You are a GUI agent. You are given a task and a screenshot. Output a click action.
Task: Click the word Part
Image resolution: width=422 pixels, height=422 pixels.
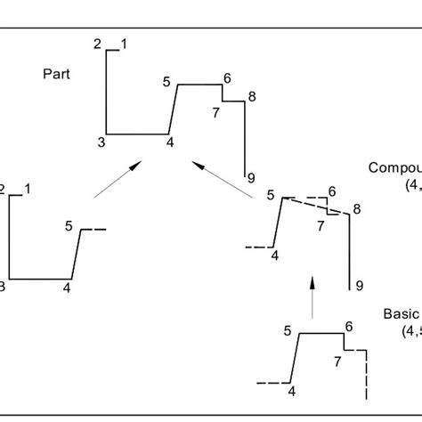[56, 74]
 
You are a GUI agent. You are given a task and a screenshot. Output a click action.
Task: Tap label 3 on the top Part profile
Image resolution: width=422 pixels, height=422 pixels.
[101, 142]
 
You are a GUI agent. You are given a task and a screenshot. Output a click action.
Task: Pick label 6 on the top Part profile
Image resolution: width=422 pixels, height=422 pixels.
[228, 78]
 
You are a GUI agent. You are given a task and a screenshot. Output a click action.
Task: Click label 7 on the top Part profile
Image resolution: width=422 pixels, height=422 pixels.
[215, 112]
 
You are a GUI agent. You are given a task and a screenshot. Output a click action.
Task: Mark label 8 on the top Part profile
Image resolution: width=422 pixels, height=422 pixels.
[252, 96]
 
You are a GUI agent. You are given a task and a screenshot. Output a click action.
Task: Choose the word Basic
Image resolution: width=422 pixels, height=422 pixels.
[402, 313]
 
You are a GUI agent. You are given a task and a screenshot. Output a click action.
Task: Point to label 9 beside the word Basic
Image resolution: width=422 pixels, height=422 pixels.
[359, 285]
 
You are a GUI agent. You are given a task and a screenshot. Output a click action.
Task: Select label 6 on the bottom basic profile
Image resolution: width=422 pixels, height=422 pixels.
[349, 327]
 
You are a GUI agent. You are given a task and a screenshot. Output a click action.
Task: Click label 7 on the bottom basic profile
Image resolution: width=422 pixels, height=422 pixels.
[337, 361]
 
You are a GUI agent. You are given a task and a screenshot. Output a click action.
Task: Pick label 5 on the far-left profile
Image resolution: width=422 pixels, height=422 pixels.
[69, 225]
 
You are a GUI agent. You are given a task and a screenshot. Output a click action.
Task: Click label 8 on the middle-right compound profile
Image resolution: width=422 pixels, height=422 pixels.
[357, 209]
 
